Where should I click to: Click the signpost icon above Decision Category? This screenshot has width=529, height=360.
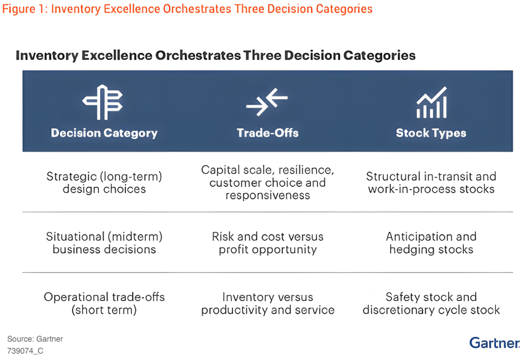click(102, 102)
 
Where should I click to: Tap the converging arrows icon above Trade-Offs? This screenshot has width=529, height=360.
click(267, 102)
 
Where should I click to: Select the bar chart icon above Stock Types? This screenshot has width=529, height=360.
click(432, 102)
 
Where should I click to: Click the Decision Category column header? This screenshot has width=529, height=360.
click(104, 133)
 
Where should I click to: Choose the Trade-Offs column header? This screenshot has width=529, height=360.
click(268, 133)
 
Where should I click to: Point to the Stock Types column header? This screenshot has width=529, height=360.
click(431, 133)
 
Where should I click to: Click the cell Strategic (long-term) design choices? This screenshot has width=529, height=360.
click(104, 183)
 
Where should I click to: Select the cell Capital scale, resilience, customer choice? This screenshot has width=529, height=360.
click(268, 182)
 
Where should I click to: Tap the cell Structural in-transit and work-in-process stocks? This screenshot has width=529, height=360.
click(431, 183)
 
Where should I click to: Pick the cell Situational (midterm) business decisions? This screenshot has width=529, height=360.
click(104, 243)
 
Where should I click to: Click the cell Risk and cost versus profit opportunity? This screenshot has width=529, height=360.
click(268, 243)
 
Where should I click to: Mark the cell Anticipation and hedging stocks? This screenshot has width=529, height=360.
click(431, 243)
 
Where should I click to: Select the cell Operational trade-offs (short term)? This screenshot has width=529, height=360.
click(104, 303)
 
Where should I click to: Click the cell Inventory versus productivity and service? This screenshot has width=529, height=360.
click(268, 303)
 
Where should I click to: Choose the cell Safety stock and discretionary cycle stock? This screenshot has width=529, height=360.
click(431, 303)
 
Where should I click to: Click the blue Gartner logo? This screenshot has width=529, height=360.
click(495, 342)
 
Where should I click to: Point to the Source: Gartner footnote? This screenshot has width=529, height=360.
click(35, 339)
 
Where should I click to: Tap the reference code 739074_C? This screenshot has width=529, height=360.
click(25, 351)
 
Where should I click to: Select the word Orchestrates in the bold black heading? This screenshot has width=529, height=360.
click(198, 55)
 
